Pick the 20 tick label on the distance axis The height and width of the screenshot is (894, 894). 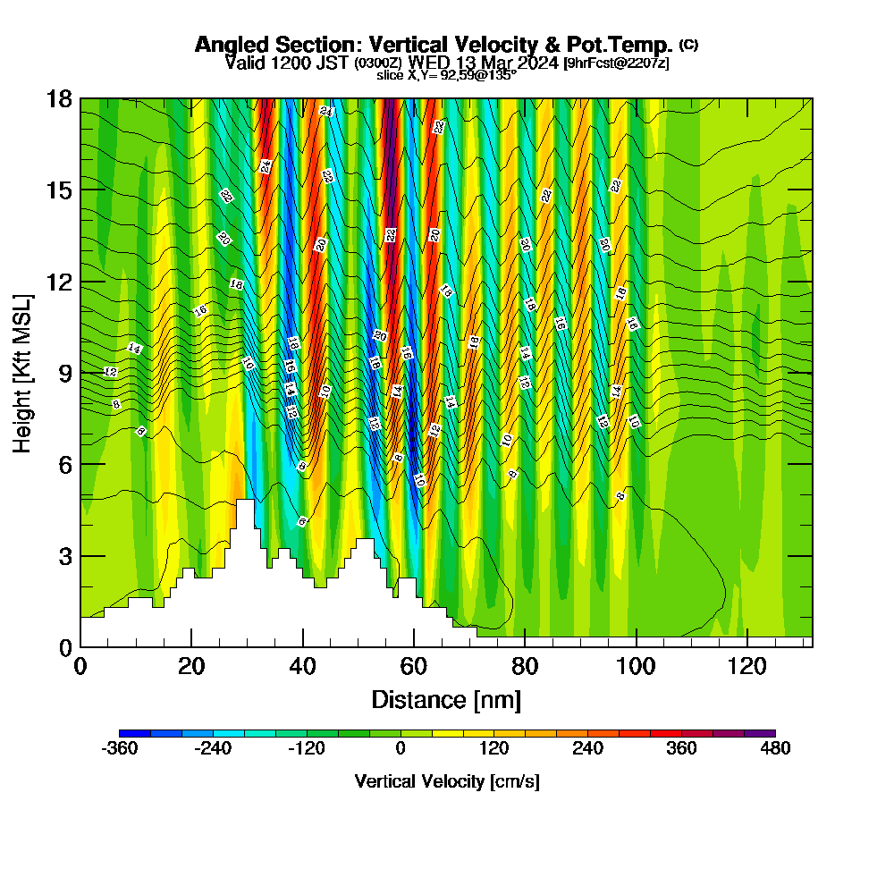(x=191, y=666)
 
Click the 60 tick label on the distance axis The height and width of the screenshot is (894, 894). (x=413, y=666)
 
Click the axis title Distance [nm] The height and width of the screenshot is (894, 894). (x=446, y=699)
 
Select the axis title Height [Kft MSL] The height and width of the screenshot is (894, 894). (x=23, y=372)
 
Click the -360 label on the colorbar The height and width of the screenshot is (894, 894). (x=120, y=749)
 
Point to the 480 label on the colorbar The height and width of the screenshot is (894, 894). (x=775, y=749)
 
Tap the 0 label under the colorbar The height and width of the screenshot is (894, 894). (x=401, y=749)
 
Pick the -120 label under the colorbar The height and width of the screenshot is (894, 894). (x=306, y=749)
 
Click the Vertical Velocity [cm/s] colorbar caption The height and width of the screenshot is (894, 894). (x=446, y=781)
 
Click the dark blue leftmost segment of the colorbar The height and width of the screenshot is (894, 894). (x=135, y=733)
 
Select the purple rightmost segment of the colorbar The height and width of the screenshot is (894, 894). (x=760, y=733)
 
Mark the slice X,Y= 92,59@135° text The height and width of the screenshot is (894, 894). (x=446, y=76)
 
